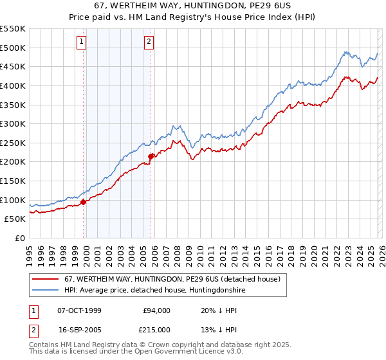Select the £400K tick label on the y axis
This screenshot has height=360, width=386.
coord(13,85)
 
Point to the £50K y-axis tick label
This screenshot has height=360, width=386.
coord(15,219)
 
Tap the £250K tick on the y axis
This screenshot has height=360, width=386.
coord(13,143)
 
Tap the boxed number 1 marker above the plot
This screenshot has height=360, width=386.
coord(82,42)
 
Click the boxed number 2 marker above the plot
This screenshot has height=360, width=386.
coord(149,42)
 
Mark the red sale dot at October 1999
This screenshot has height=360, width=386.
coord(84,202)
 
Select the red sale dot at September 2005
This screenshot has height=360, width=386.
coord(151,156)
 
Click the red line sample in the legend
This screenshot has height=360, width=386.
coord(46,280)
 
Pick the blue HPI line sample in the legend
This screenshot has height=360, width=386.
coord(46,291)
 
